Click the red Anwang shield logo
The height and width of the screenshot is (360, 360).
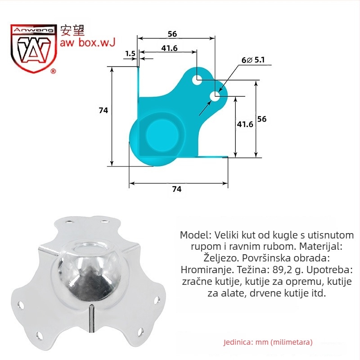[33, 48]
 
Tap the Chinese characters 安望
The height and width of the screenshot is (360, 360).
[72, 30]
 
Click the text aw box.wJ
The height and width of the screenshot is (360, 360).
[87, 43]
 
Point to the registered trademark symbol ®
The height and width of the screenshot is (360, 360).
[53, 71]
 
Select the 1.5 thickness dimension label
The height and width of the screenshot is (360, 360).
[130, 54]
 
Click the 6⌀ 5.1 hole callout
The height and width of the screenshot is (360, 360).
[253, 60]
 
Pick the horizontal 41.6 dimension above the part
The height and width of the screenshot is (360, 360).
[169, 48]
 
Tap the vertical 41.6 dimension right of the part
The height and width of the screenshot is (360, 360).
[245, 124]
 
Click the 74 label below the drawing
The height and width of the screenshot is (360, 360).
[177, 189]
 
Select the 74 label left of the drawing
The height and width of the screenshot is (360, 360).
[103, 110]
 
